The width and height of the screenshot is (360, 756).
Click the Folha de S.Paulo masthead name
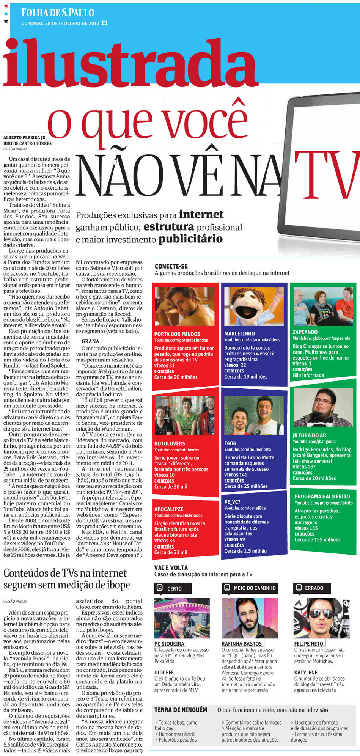[58, 13]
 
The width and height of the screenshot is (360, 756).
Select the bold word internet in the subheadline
[201, 214]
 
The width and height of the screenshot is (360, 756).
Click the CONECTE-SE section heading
[171, 266]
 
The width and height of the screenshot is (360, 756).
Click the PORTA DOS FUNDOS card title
[177, 334]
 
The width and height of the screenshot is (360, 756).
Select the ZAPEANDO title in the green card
[305, 332]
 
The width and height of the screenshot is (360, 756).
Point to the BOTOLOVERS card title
[170, 443]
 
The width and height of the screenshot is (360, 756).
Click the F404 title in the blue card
[230, 443]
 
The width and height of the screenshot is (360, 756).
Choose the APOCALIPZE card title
[168, 509]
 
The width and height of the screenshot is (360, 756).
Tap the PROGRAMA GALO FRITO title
[322, 496]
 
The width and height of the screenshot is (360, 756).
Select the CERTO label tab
[173, 588]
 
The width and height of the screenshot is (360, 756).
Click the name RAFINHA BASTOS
[242, 644]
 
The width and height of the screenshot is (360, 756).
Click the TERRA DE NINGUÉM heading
[181, 710]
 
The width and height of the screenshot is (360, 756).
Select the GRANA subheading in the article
[90, 341]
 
